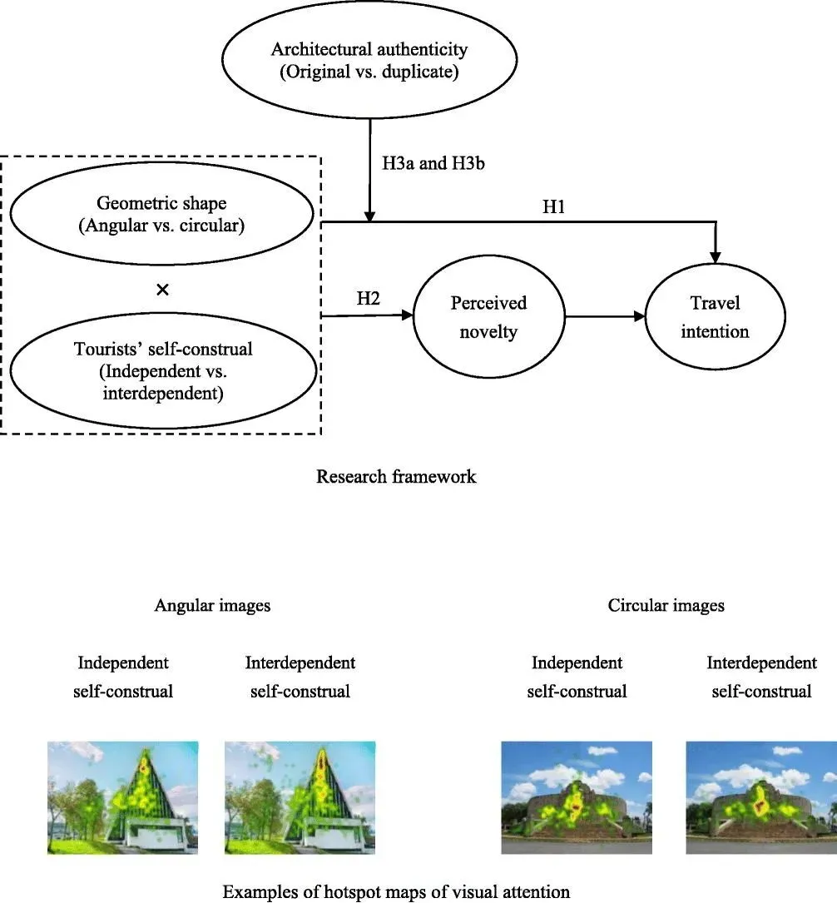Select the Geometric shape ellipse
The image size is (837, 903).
[162, 215]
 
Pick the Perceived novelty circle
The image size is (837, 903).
[488, 317]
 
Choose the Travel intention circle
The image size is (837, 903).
[715, 317]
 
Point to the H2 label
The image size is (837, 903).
[369, 299]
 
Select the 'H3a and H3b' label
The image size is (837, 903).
[433, 164]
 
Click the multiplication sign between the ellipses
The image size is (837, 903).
[163, 290]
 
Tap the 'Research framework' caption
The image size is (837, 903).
[396, 477]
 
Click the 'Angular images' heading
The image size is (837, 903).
[212, 606]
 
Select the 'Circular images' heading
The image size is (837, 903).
[666, 606]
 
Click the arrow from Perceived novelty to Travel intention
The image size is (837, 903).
[605, 317]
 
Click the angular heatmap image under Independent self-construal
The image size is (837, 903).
[123, 796]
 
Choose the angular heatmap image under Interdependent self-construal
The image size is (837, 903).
[300, 796]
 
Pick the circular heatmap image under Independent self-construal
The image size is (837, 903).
[577, 797]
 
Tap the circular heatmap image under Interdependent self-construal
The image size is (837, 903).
[761, 797]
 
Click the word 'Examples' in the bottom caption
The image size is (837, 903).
[255, 892]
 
